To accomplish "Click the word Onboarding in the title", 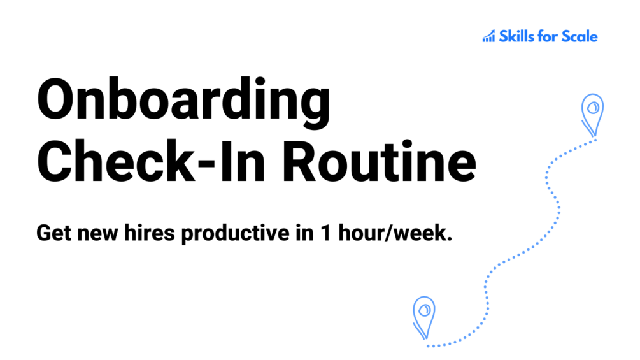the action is coord(183,103).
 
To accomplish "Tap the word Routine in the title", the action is coord(379,161).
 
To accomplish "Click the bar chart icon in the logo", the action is coord(488,36).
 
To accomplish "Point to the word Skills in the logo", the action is coord(516,36).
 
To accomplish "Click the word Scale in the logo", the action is coord(580,36).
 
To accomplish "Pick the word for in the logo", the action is coord(548,36).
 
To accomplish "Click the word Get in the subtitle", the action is coord(54,233).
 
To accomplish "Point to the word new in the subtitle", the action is coord(97,234).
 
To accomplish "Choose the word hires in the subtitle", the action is coord(150,233).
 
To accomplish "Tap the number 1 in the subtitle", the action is coord(325,233).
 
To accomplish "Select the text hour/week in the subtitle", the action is coord(395,233).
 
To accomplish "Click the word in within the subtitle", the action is coord(305,233).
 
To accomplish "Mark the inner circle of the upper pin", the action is coord(593,108).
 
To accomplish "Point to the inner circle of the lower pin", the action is coord(425,310).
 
